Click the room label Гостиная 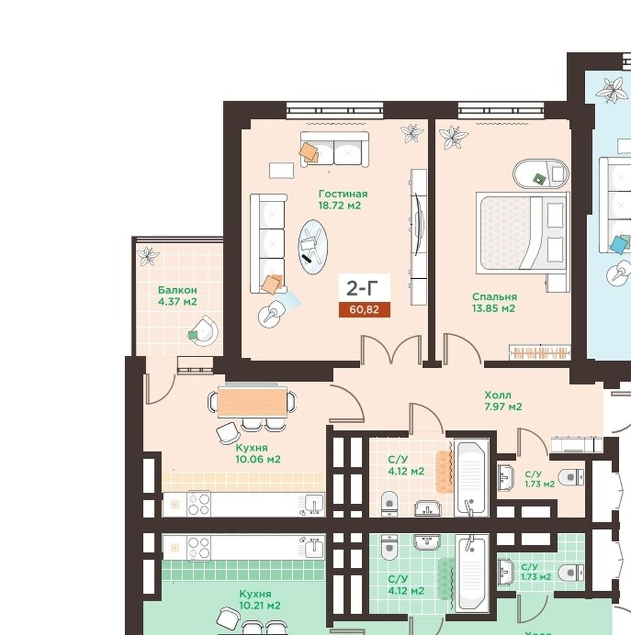343,194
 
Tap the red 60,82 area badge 364,310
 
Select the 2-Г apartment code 362,288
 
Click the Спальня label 494,297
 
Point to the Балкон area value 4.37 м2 177,302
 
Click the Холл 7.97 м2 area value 503,406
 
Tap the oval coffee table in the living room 312,247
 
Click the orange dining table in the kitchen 252,402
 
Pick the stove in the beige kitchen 198,503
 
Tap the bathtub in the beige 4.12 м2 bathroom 471,479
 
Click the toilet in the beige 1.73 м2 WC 571,477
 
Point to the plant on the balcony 148,256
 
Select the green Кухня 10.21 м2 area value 260,605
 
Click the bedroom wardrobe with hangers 540,352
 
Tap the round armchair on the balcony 205,331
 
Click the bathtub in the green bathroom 471,573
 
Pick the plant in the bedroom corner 454,137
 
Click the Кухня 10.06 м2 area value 258,459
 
